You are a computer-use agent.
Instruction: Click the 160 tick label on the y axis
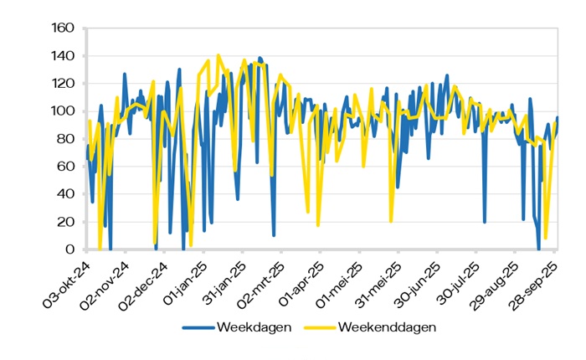click(64, 29)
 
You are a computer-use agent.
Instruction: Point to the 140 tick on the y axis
click(64, 57)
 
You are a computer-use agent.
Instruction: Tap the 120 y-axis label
click(64, 85)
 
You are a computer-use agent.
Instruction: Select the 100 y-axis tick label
click(64, 112)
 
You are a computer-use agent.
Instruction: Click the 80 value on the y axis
click(67, 140)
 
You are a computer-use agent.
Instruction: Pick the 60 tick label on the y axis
click(67, 167)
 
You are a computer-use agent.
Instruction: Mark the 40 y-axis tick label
click(67, 195)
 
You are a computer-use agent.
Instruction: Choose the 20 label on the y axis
click(67, 223)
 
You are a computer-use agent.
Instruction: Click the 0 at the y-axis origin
click(70, 250)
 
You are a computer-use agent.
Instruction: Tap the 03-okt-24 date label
click(66, 280)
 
